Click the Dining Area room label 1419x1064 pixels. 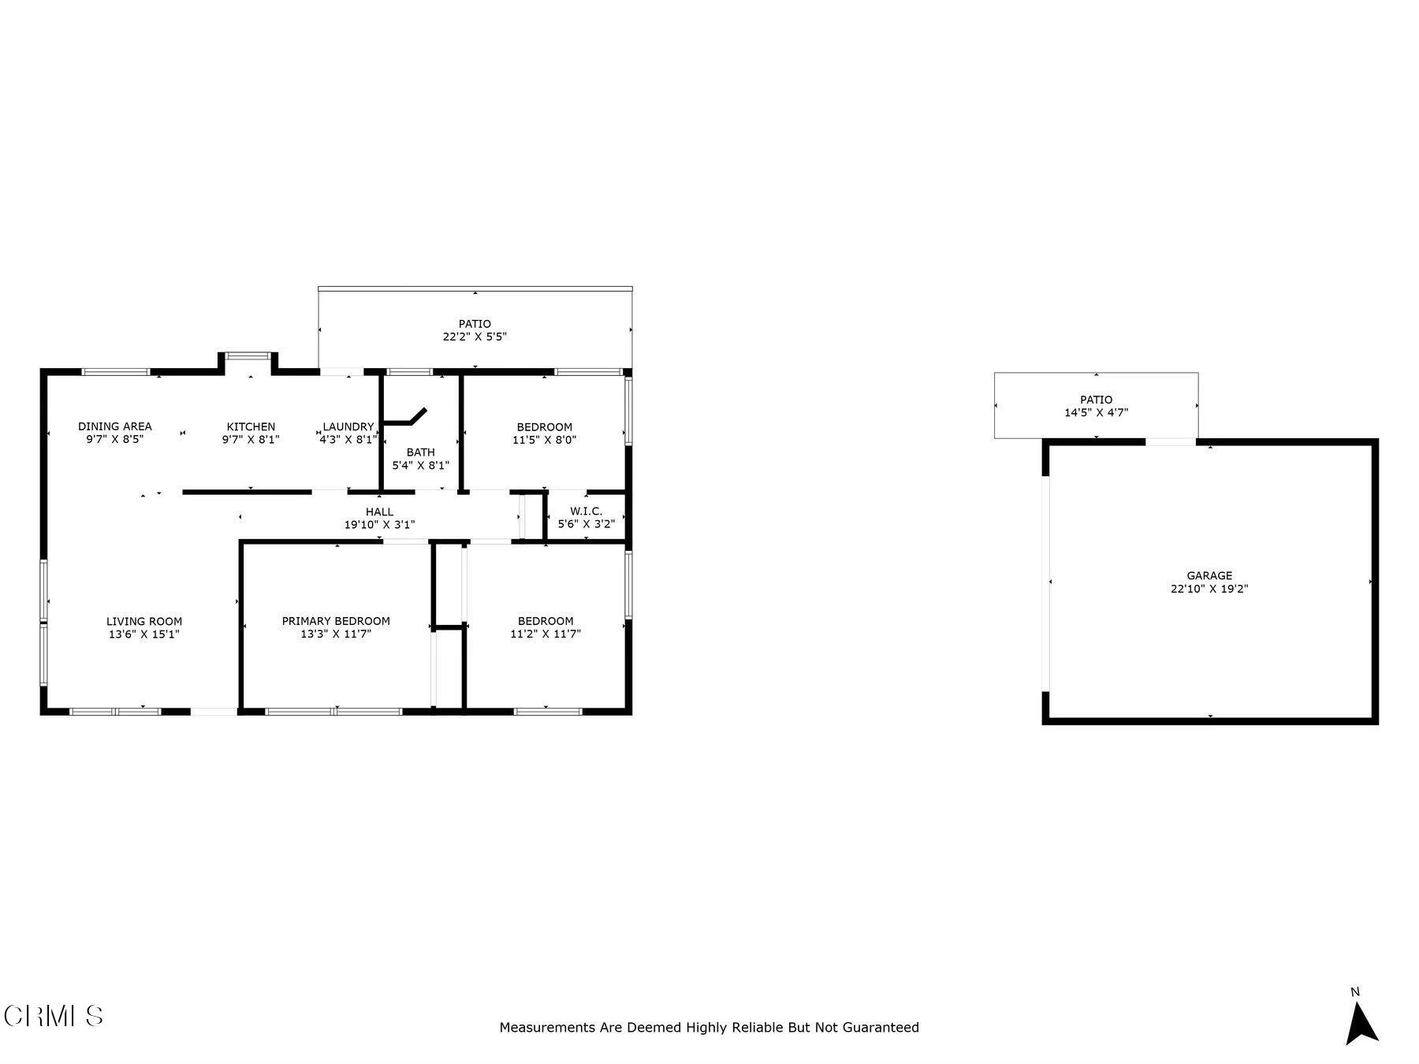[x=115, y=426]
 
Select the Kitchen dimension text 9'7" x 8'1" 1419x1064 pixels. [x=251, y=440]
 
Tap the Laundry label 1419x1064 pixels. [x=348, y=426]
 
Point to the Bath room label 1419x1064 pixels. [x=420, y=452]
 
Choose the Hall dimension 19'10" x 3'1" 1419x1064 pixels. [x=379, y=525]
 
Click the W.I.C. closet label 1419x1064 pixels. [x=586, y=512]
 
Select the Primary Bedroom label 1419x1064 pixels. [x=336, y=621]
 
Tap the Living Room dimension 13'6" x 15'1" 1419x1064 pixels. [x=144, y=634]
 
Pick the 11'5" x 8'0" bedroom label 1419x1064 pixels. [x=544, y=427]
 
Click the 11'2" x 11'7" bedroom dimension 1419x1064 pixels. [x=546, y=634]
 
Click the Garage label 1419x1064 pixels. [x=1209, y=576]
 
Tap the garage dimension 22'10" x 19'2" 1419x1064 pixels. [x=1209, y=589]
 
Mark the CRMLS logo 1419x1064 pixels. [x=54, y=1015]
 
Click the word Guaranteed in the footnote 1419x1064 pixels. [x=881, y=1028]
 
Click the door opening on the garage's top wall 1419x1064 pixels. [x=1170, y=442]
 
